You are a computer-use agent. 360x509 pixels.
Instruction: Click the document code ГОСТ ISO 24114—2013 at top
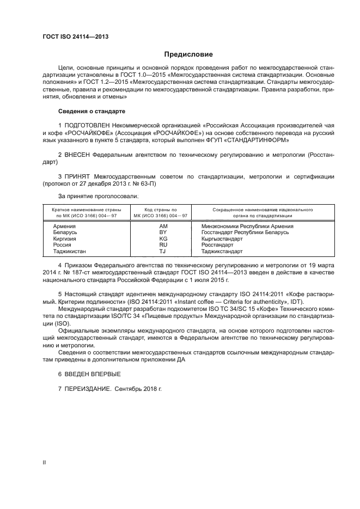(76, 36)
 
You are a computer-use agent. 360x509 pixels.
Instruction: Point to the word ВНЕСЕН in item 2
(78, 155)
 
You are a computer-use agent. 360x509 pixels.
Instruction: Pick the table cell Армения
(64, 225)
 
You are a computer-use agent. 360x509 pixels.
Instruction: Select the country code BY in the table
(163, 232)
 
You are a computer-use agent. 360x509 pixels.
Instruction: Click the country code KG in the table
(163, 238)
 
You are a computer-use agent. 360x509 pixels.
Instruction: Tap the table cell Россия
(62, 245)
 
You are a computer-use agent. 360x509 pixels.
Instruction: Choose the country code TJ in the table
(163, 252)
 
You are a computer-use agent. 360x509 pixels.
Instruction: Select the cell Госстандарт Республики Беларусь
(245, 232)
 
